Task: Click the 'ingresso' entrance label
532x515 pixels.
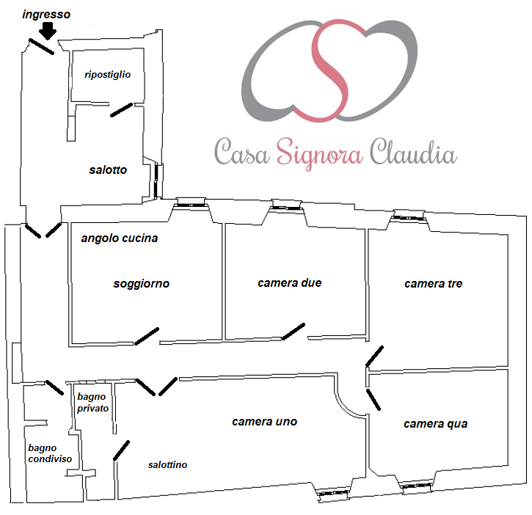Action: coord(46,15)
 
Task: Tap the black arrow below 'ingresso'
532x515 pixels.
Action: coord(48,31)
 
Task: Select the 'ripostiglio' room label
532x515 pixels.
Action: coord(108,75)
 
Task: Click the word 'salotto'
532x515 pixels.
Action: coord(108,169)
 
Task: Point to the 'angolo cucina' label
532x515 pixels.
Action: coord(120,238)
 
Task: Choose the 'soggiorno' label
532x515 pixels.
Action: coord(141,284)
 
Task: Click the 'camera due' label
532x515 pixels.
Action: coord(289,283)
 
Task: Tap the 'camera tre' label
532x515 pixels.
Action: coord(433,284)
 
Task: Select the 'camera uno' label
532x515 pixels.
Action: coord(265,422)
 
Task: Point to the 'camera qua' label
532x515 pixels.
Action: coord(436,424)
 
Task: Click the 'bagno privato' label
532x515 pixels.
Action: coord(92,402)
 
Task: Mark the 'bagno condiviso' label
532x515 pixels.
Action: coord(50,453)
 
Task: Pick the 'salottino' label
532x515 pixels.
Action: coord(167,465)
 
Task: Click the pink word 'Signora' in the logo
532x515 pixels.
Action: coord(320,153)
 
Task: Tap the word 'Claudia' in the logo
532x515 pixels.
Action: coord(413,152)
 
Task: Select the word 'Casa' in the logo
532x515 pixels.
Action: coord(242,152)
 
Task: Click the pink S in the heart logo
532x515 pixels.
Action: coord(329,70)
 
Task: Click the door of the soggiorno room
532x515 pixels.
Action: coord(147,336)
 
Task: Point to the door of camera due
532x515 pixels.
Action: coord(294,332)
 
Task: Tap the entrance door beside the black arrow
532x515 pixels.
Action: coord(41,46)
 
